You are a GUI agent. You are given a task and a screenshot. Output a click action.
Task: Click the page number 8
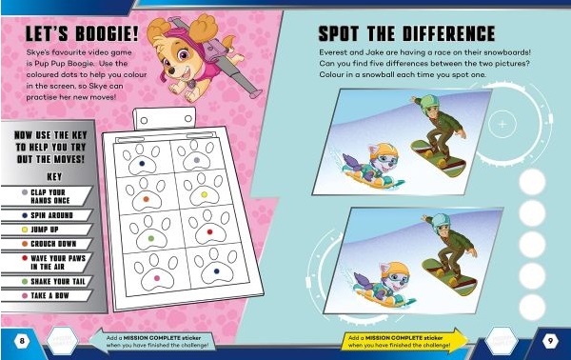pos(22,341)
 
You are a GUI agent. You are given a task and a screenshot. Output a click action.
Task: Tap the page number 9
pos(550,341)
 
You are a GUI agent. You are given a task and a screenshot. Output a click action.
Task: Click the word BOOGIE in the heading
pos(104,34)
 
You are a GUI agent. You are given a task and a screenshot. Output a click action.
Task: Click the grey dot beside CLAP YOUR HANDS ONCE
pos(25,192)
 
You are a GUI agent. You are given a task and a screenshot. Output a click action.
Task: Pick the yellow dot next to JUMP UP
pos(25,230)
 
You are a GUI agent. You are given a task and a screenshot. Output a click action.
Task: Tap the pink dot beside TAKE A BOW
pos(25,296)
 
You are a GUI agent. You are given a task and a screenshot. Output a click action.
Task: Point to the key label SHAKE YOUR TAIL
pos(58,282)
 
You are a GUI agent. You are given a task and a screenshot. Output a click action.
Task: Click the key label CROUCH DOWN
pos(53,244)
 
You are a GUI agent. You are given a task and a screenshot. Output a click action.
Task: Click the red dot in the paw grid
pos(209,231)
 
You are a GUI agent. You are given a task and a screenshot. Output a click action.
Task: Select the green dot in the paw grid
pos(151,239)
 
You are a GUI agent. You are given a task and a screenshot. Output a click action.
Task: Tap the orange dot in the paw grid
pos(146,199)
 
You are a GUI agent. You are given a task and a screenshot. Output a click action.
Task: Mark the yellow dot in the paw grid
pos(205,194)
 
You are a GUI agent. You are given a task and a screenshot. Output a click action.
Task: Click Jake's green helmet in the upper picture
pos(430,103)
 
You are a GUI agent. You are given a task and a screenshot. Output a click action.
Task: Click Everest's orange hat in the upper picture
pos(383,150)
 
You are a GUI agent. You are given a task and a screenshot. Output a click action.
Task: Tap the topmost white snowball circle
pos(532,182)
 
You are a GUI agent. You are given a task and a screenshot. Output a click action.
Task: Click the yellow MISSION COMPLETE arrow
pos(404,341)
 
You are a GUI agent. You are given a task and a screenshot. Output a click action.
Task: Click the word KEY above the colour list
pos(54,177)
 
